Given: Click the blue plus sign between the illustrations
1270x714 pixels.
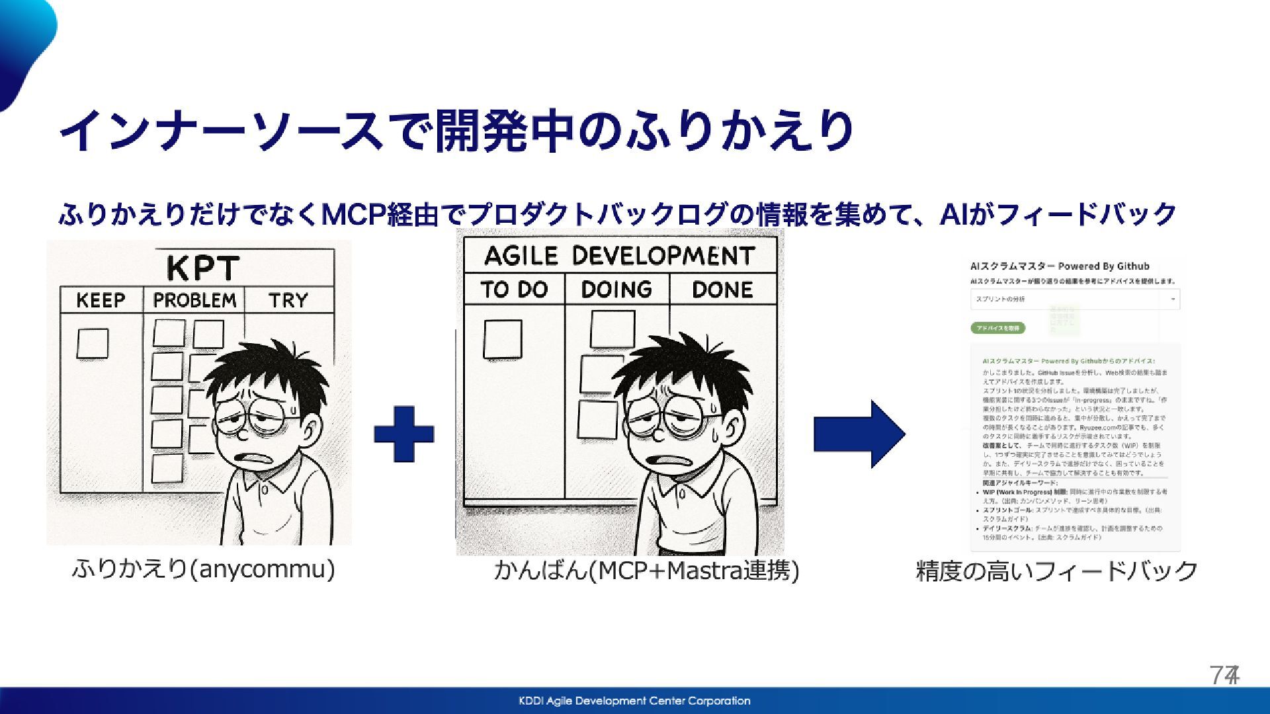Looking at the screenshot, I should pos(403,434).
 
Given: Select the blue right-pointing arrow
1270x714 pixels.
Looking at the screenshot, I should pos(859,434).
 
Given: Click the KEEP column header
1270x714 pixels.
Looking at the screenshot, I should pos(101,300).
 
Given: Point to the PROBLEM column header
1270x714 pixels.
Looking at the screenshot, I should pos(194,300).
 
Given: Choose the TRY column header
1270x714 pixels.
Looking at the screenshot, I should pos(288,300).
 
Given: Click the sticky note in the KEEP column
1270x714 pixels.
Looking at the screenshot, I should pos(93,344).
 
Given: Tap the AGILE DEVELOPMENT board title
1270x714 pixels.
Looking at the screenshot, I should pos(619,256).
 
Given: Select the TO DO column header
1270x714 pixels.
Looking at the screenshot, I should pos(514,290).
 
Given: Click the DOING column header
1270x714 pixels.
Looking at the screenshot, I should pos(616,290).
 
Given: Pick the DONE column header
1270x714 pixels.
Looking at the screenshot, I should pos(722,290).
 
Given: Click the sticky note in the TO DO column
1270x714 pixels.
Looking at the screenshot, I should pos(502,339).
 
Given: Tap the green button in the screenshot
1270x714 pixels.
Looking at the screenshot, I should pos(998,328).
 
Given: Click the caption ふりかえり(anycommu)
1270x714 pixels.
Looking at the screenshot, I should pos(204,569).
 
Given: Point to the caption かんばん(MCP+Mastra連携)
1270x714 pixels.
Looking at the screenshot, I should pos(646,571).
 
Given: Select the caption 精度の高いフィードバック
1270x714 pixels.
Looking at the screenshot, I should pos(1056,571).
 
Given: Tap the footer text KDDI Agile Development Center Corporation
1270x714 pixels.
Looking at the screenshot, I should pos(634,701).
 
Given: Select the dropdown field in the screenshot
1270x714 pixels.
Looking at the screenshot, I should pos(1075,299).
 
